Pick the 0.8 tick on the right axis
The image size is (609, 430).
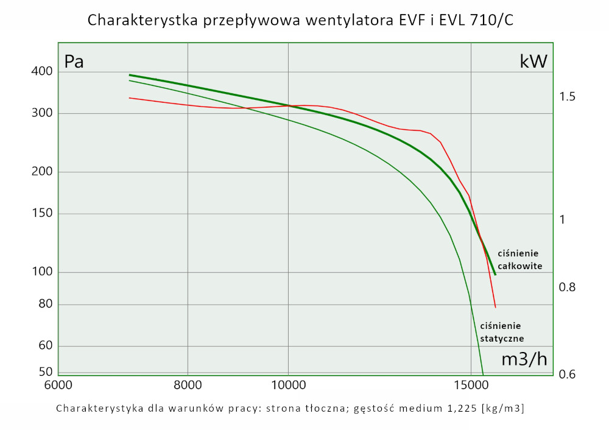pyautogui.click(x=568, y=287)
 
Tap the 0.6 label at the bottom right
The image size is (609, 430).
pyautogui.click(x=568, y=374)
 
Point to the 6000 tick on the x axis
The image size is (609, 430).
pyautogui.click(x=59, y=385)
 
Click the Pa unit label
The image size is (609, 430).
pyautogui.click(x=74, y=62)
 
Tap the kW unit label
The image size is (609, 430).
pyautogui.click(x=533, y=62)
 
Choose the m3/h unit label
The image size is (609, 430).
pyautogui.click(x=524, y=359)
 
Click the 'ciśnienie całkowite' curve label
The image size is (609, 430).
pyautogui.click(x=519, y=259)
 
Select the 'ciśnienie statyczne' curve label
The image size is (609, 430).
pyautogui.click(x=502, y=332)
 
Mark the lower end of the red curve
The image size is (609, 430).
pyautogui.click(x=496, y=307)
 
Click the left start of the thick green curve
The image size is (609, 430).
pyautogui.click(x=130, y=75)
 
